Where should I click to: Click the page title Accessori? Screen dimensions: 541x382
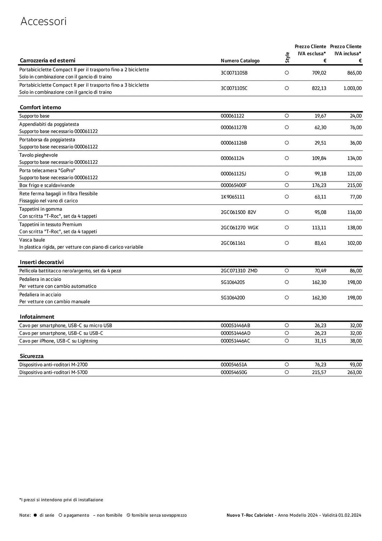point(43,21)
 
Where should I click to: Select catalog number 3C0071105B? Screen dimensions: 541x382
point(234,73)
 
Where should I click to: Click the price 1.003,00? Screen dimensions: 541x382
point(352,88)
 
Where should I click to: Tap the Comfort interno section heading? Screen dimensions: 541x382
point(40,107)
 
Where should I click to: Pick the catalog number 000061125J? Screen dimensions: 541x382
point(233,174)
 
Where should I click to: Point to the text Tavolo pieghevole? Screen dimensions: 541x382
point(38,155)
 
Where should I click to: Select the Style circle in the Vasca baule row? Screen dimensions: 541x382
point(287,243)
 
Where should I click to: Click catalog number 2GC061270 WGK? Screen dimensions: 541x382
point(239,228)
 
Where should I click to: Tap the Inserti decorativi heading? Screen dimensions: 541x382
point(42,262)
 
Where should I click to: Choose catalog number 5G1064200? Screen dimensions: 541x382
point(233,298)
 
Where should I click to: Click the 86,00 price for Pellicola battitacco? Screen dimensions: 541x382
point(356,271)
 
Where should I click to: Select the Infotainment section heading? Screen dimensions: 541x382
point(37,317)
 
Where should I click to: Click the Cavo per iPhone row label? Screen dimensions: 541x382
point(58,341)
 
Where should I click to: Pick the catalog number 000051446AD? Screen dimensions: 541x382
point(235,333)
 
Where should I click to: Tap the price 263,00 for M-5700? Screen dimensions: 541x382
point(354,372)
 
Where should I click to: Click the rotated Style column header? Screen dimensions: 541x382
point(287,57)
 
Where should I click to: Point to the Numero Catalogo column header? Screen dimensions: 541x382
point(240,61)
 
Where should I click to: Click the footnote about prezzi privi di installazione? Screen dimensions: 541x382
point(61,500)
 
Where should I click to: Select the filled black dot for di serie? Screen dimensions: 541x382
point(35,515)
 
